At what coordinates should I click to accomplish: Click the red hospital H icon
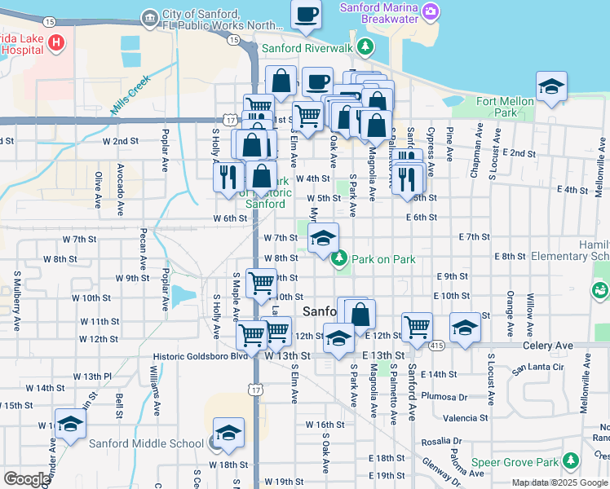[x=56, y=42]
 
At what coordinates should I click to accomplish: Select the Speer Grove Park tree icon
[x=572, y=461]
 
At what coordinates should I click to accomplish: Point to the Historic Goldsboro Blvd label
[x=200, y=356]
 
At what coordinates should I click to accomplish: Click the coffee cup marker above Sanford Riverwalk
[x=307, y=15]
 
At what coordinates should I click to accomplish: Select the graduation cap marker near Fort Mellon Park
[x=551, y=87]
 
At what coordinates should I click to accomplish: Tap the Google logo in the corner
[x=27, y=478]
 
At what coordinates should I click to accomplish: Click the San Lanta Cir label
[x=537, y=368]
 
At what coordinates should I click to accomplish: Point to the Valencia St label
[x=466, y=418]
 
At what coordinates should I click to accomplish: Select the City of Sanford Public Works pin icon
[x=149, y=17]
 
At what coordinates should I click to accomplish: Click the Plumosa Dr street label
[x=451, y=397]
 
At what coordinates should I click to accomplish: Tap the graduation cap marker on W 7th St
[x=323, y=239]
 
